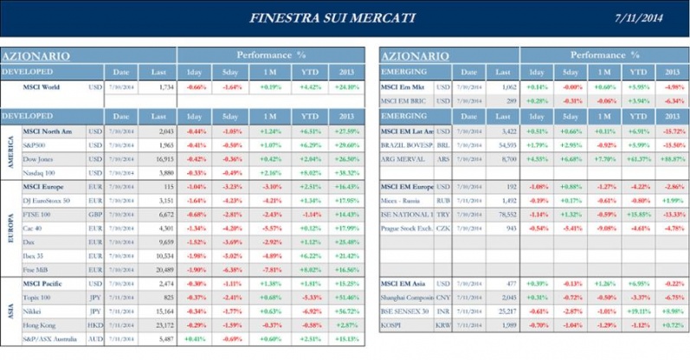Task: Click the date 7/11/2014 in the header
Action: point(639,17)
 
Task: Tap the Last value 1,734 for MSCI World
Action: point(166,87)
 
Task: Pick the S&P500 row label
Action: point(35,145)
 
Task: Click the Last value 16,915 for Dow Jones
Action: point(163,159)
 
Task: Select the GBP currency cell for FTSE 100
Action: point(95,215)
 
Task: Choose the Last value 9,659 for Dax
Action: point(164,242)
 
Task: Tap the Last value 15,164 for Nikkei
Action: point(163,312)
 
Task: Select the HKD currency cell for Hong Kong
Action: point(94,326)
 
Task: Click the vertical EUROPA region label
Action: point(10,228)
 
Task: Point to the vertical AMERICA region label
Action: point(10,151)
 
